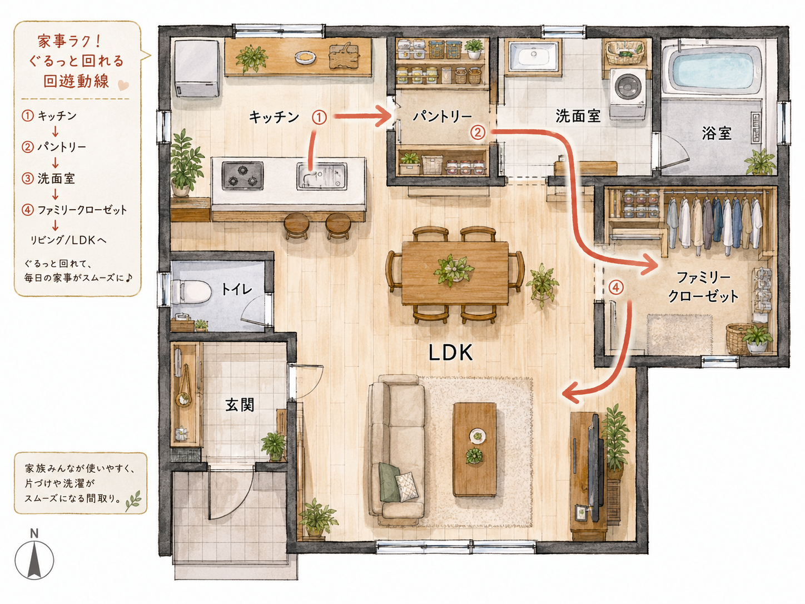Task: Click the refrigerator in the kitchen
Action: pyautogui.click(x=197, y=68)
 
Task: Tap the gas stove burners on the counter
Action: pyautogui.click(x=242, y=175)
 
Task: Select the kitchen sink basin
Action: pyautogui.click(x=322, y=176)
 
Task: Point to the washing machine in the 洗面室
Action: pyautogui.click(x=628, y=94)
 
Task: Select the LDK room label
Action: pyautogui.click(x=450, y=353)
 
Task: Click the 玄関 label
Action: pyautogui.click(x=240, y=405)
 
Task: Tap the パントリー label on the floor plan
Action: pyautogui.click(x=443, y=117)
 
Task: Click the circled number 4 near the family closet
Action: pyautogui.click(x=616, y=287)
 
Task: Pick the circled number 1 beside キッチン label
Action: pyautogui.click(x=319, y=117)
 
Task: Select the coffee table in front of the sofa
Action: pyautogui.click(x=474, y=449)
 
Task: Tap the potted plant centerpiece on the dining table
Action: pyautogui.click(x=454, y=270)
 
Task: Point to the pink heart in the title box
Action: pyautogui.click(x=123, y=85)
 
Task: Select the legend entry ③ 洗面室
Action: pyautogui.click(x=48, y=179)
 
